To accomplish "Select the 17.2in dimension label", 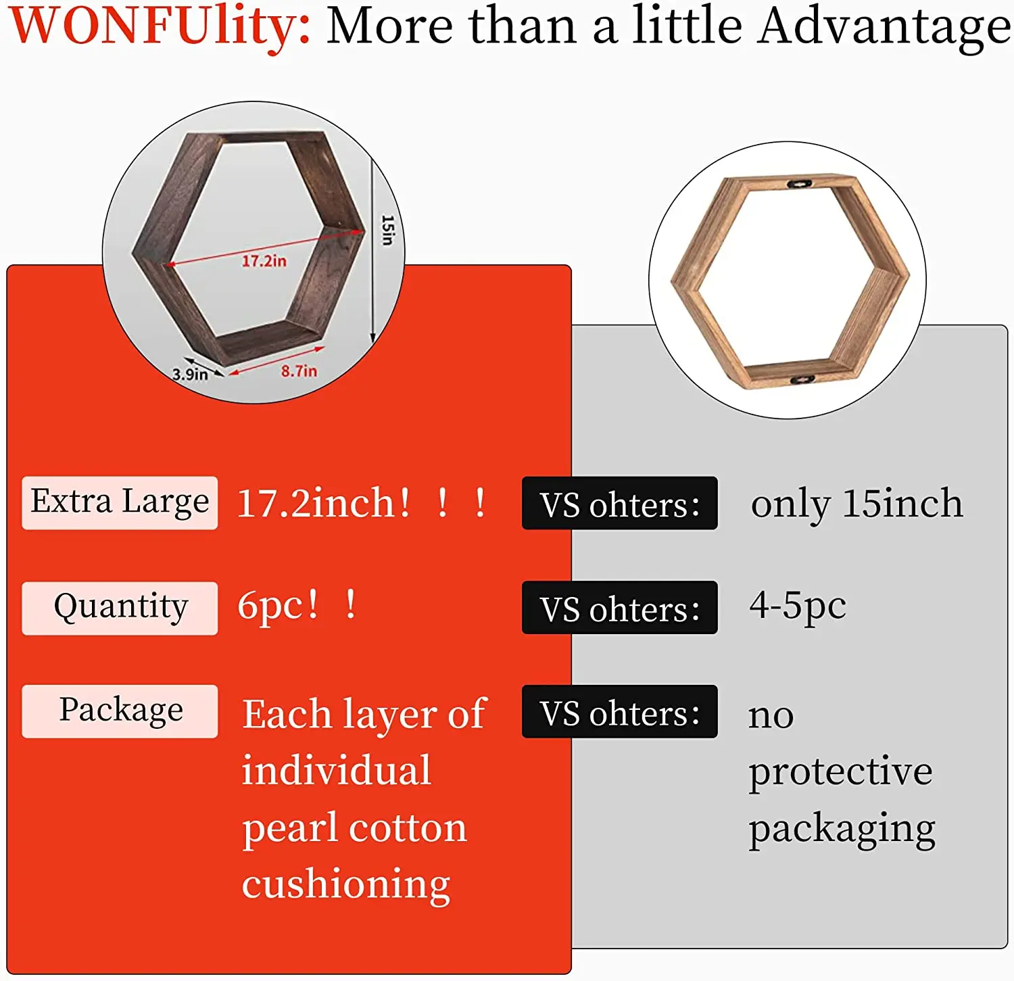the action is (264, 261).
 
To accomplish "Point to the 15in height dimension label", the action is (387, 231).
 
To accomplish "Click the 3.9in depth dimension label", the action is (190, 374).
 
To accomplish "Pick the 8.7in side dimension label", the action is (299, 371).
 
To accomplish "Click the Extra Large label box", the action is (120, 503).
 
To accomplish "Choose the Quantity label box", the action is (120, 608).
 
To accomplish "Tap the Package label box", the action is (120, 711).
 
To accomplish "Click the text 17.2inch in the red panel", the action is (324, 504).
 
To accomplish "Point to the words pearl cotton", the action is (354, 829).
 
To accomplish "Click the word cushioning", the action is (346, 885).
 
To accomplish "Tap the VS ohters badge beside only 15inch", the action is (619, 504).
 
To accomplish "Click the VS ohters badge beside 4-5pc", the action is (619, 608).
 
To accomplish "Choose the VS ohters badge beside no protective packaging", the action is (619, 712).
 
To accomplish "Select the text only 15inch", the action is (856, 504).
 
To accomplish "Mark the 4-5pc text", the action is (798, 606).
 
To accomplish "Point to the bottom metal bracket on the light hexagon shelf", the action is (802, 381).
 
